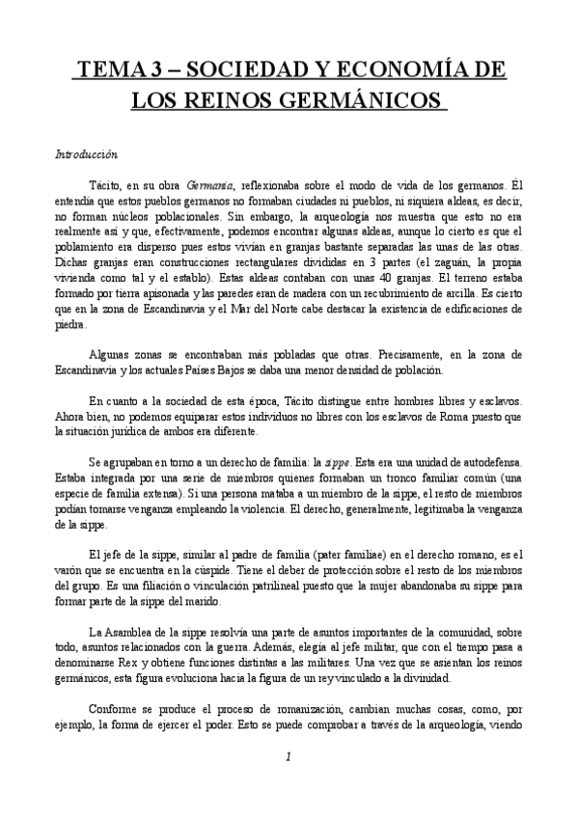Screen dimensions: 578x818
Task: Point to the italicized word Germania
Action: coord(213,185)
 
